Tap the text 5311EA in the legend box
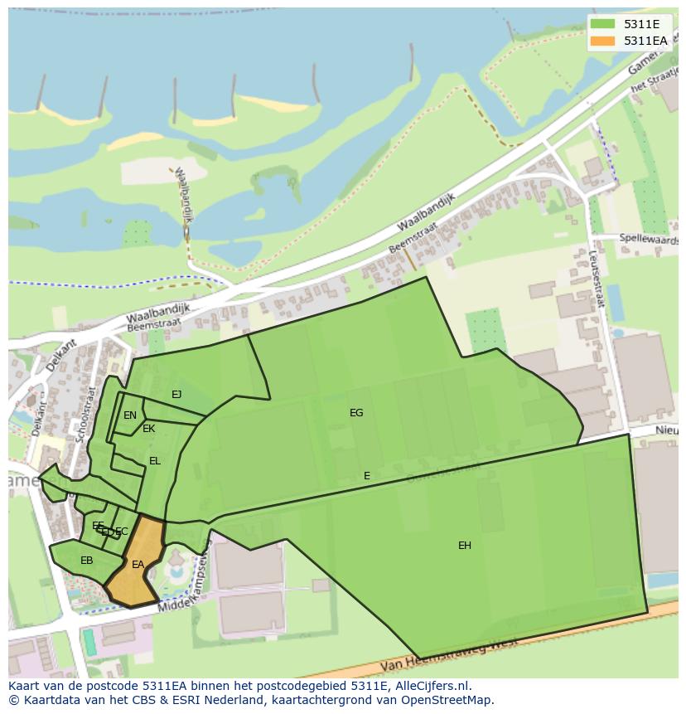click(645, 41)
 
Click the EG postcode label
click(356, 413)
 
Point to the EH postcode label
click(465, 546)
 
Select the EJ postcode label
click(176, 395)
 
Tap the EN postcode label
click(130, 416)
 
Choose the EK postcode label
click(149, 429)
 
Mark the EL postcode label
click(155, 461)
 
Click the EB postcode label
click(87, 561)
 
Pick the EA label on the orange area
click(138, 565)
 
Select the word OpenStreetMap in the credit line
click(448, 701)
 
